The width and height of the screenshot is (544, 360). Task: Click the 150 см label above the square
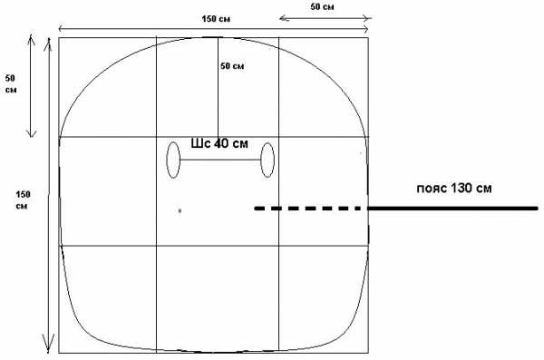(x=216, y=19)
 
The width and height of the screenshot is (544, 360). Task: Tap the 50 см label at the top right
(x=322, y=6)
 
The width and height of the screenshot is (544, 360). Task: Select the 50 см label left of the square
(x=11, y=84)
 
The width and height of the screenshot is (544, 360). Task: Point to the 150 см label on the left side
(x=23, y=200)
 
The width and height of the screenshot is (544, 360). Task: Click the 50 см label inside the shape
(x=232, y=65)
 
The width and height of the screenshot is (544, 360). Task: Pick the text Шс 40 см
(x=219, y=143)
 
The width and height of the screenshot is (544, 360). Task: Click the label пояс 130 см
(x=454, y=188)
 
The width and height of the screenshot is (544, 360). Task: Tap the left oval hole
(x=173, y=160)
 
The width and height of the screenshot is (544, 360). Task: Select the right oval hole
(x=267, y=160)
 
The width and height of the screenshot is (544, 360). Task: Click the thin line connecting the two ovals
(x=220, y=160)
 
